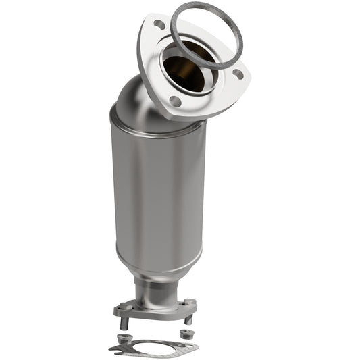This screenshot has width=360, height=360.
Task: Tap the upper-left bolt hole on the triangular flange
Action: pos(159,24)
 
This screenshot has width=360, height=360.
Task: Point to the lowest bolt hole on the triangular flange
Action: pos(175,101)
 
